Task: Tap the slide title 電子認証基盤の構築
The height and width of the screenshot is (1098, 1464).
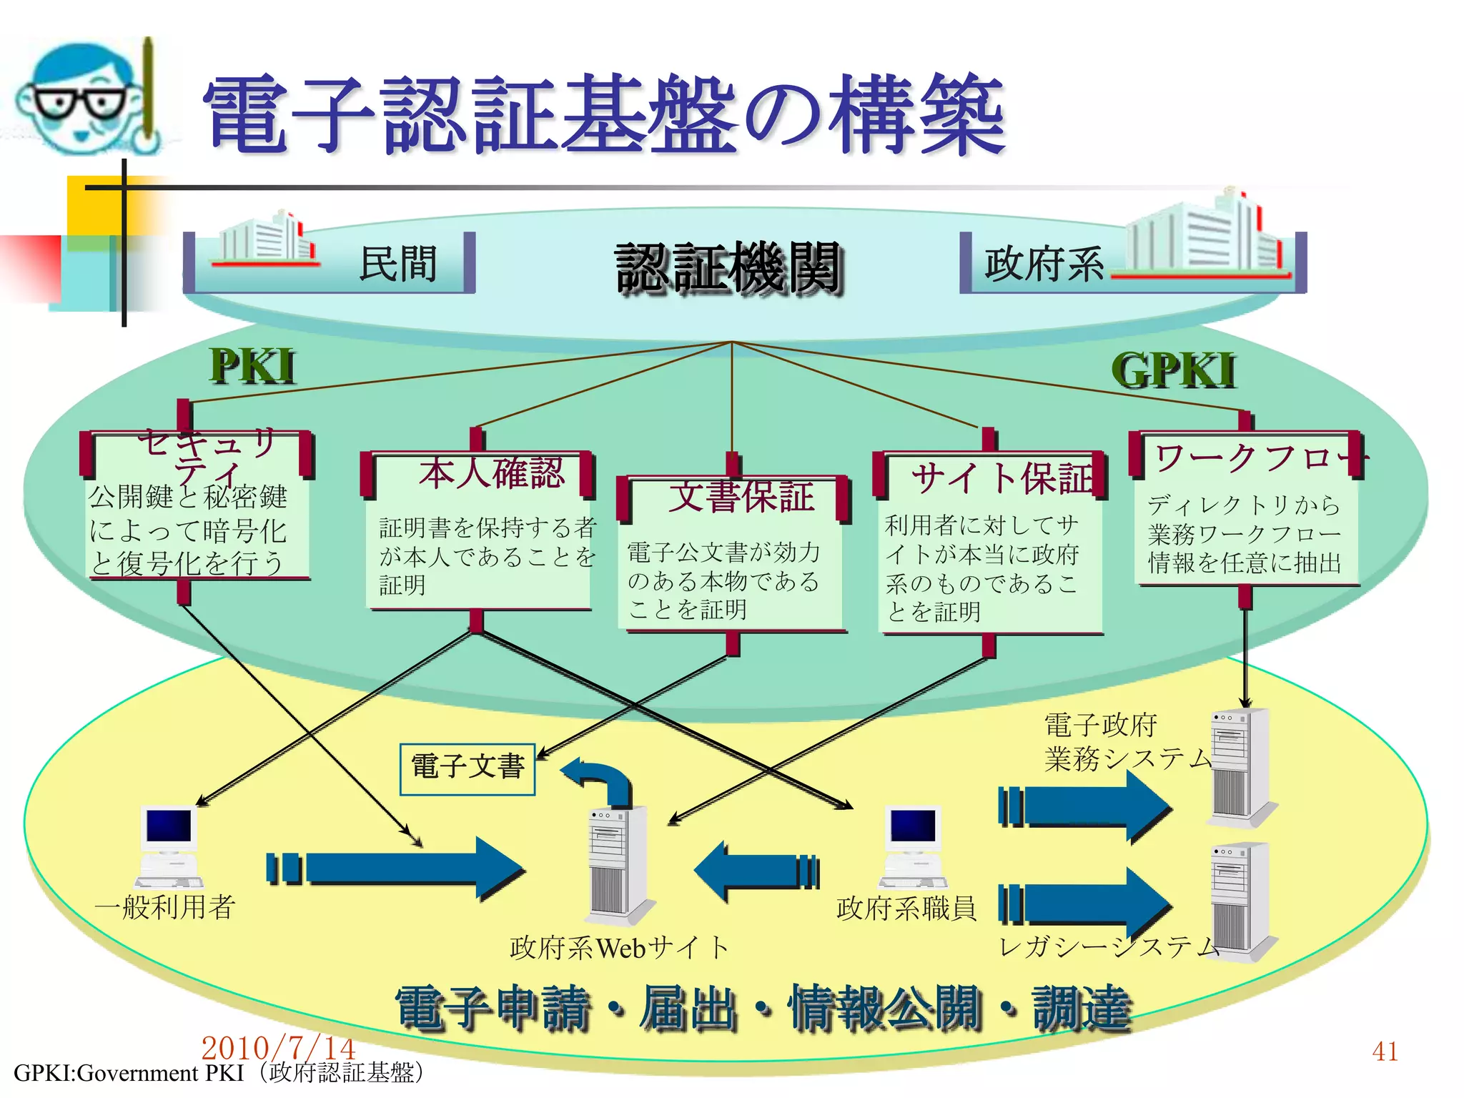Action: pos(604,116)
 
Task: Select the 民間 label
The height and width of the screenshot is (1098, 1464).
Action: pos(398,264)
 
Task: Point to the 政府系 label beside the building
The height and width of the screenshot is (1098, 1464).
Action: pos(1043,264)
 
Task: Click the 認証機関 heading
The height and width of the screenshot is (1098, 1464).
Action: pos(728,267)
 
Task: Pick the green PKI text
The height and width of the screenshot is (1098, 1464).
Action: pos(252,367)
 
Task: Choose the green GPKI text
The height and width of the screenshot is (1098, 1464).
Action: pos(1173,371)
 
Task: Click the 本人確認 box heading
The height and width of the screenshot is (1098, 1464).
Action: pos(492,473)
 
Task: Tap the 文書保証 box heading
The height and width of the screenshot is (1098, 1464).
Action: pos(741,496)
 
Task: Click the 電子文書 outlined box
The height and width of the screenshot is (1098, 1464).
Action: pos(468,768)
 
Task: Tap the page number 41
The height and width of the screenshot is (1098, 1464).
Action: pos(1385,1051)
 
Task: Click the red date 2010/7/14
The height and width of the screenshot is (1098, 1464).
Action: pos(278,1047)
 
